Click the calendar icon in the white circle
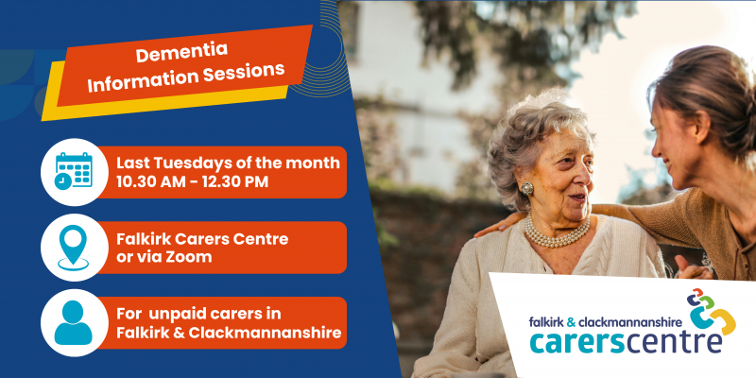pyautogui.click(x=73, y=171)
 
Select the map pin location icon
pyautogui.click(x=73, y=247)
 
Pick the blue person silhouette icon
pyautogui.click(x=73, y=321)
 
